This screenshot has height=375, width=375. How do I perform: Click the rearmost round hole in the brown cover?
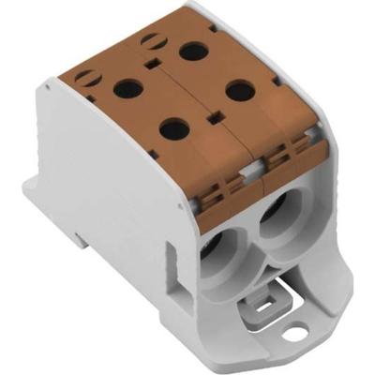click(x=193, y=50)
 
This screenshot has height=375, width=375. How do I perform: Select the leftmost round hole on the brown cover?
click(x=127, y=89)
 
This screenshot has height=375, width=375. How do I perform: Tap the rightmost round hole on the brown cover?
click(x=240, y=91)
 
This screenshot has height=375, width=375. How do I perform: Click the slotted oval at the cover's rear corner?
click(x=150, y=40)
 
